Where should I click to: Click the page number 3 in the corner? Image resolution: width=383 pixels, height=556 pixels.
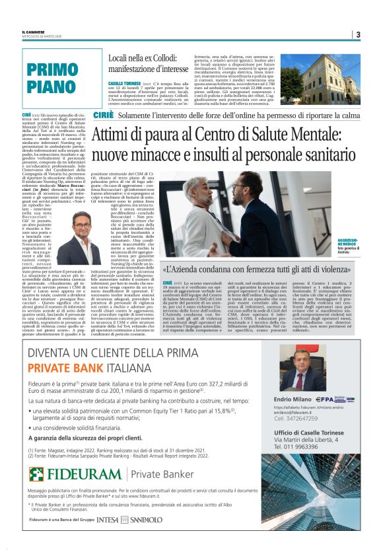coord(357,35)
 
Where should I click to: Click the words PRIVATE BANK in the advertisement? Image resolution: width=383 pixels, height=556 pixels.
coord(64,368)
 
